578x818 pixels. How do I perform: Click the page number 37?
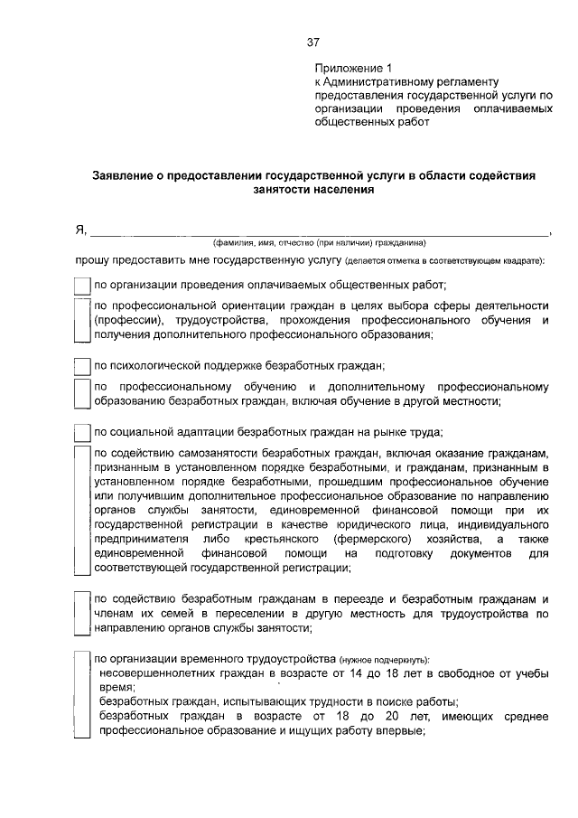(313, 42)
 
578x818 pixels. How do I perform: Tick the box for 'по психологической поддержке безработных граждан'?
(82, 367)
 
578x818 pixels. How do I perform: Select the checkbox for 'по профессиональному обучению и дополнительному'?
(82, 395)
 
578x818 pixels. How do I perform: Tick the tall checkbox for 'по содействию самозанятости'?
(82, 511)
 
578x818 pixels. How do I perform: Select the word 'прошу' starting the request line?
(92, 261)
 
